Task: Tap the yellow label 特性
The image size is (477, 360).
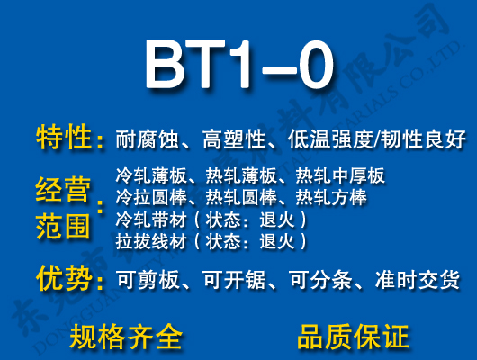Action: (x=65, y=138)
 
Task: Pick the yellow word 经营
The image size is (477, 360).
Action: (x=65, y=191)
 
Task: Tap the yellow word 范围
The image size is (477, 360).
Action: (x=65, y=226)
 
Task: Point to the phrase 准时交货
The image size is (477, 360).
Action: (x=416, y=281)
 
